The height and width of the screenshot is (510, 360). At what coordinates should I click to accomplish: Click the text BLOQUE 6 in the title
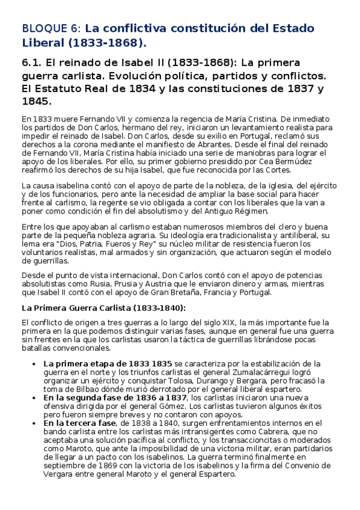click(50, 28)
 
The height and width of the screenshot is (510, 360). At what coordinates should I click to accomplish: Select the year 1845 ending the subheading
click(35, 102)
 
